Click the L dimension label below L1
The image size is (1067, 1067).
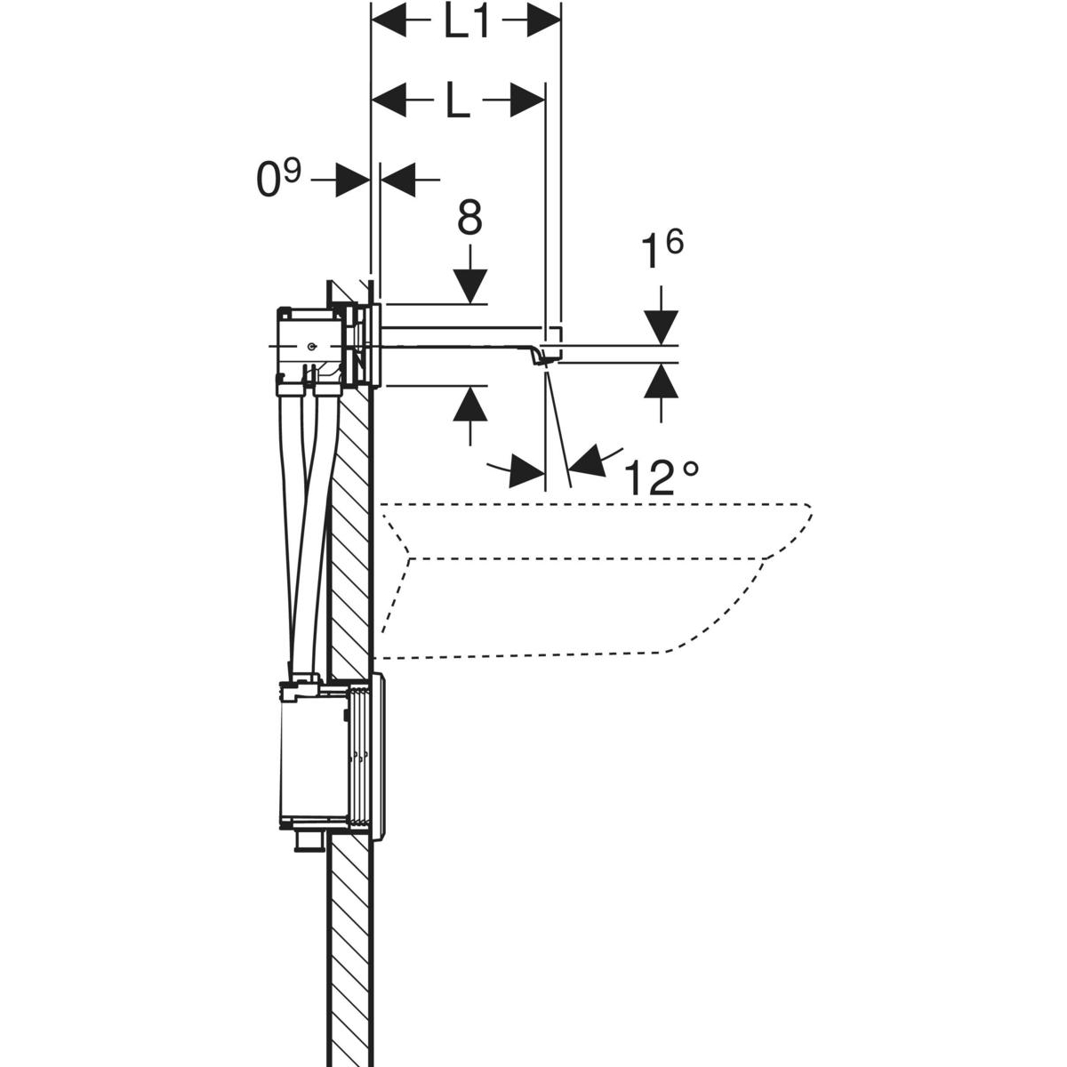[457, 103]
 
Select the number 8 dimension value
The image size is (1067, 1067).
[470, 219]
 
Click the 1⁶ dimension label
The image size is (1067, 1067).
[662, 252]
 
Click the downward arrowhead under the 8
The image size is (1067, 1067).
[470, 286]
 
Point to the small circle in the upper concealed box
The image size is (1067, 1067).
[310, 347]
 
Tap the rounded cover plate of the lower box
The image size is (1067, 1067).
[380, 757]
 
